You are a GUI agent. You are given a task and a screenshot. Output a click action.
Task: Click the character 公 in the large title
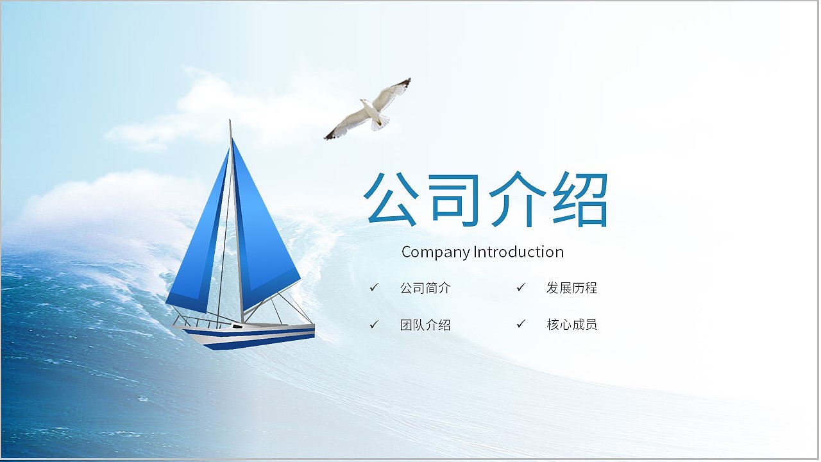pyautogui.click(x=391, y=198)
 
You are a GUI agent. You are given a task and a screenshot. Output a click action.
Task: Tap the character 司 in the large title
pyautogui.click(x=455, y=199)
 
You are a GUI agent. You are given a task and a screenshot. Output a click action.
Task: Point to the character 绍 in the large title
pyautogui.click(x=580, y=199)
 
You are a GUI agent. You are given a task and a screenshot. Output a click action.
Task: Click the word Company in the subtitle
pyautogui.click(x=436, y=253)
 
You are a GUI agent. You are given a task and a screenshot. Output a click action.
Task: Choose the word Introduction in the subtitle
pyautogui.click(x=519, y=252)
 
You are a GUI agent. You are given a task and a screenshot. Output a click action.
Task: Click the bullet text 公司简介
pyautogui.click(x=425, y=288)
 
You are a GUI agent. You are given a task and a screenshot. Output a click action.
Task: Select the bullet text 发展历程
pyautogui.click(x=571, y=288)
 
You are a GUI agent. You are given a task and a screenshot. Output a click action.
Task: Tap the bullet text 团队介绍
pyautogui.click(x=425, y=325)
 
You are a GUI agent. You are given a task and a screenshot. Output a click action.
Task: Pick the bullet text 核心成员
pyautogui.click(x=571, y=325)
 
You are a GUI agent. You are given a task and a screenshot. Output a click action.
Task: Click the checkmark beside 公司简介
pyautogui.click(x=374, y=287)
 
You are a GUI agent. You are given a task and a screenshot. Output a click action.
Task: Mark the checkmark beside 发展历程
pyautogui.click(x=521, y=287)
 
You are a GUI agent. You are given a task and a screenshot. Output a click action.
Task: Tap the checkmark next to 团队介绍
pyautogui.click(x=374, y=324)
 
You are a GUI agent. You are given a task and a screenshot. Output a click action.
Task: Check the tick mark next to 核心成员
pyautogui.click(x=521, y=324)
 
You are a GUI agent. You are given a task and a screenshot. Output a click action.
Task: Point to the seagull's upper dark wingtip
pyautogui.click(x=407, y=81)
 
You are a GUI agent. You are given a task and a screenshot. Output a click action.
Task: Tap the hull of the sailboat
pyautogui.click(x=250, y=336)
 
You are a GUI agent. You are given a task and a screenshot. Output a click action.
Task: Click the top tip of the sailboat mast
pyautogui.click(x=230, y=120)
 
